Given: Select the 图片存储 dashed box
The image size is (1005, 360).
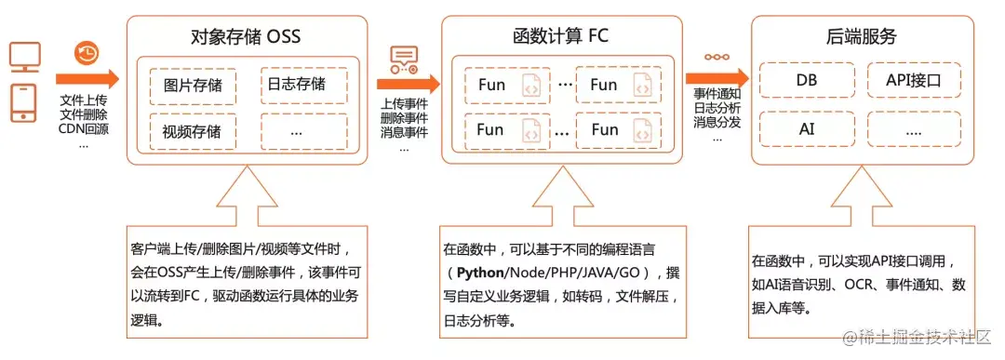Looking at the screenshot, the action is point(193,85).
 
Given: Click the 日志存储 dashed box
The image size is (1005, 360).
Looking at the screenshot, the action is point(303,85).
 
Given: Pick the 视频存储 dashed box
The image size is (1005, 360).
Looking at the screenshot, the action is point(193,131).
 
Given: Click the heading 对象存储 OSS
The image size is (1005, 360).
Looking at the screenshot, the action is point(246,37).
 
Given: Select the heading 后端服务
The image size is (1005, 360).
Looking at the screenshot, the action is point(862,36).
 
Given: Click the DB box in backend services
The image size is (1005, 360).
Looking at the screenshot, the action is point(807,80).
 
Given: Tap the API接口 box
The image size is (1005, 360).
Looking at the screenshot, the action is point(914,80).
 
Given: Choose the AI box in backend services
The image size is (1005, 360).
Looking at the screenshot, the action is point(807,128).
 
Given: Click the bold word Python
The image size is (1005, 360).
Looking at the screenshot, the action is point(480,273).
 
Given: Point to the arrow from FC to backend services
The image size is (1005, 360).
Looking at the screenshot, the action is point(717,77).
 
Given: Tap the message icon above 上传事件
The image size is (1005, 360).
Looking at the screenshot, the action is point(404,60).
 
